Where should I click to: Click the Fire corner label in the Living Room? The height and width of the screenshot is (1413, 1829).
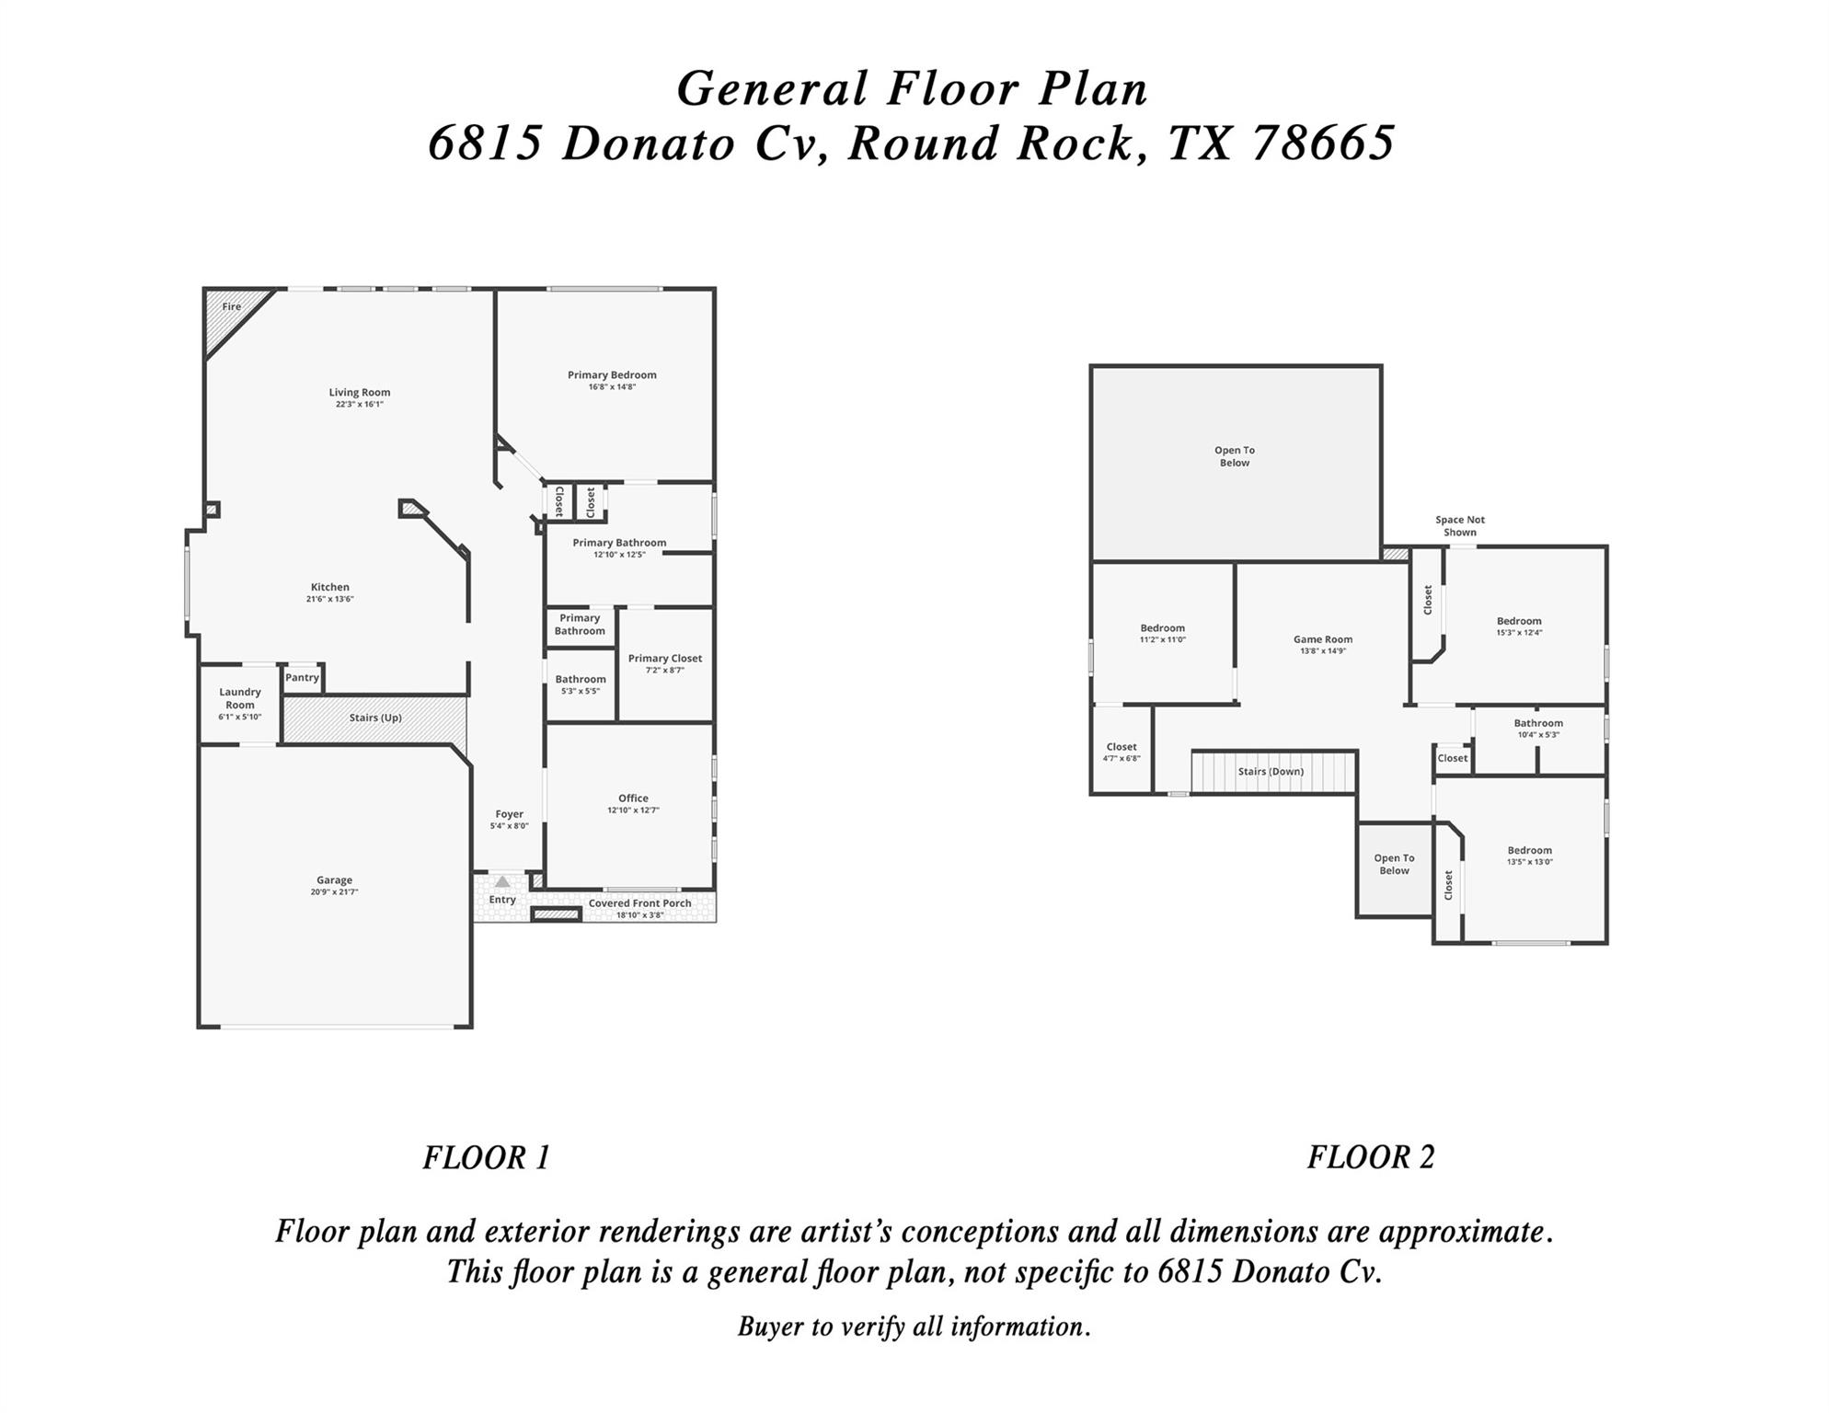pyautogui.click(x=231, y=306)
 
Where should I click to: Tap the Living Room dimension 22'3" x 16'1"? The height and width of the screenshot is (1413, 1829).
pyautogui.click(x=359, y=405)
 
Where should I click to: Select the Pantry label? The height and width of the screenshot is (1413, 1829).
pyautogui.click(x=302, y=678)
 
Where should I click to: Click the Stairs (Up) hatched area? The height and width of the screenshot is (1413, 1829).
pyautogui.click(x=374, y=718)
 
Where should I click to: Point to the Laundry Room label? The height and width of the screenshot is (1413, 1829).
pyautogui.click(x=240, y=698)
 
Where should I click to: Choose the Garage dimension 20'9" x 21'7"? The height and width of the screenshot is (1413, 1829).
pyautogui.click(x=334, y=892)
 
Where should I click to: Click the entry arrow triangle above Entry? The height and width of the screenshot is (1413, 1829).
pyautogui.click(x=502, y=881)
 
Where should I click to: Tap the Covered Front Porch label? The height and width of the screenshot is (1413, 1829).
pyautogui.click(x=639, y=903)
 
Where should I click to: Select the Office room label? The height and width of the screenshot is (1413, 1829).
pyautogui.click(x=633, y=798)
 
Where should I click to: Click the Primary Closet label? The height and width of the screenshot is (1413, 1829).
pyautogui.click(x=664, y=659)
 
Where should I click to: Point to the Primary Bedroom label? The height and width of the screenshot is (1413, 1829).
pyautogui.click(x=612, y=375)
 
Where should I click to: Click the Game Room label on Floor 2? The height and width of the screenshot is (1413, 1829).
pyautogui.click(x=1322, y=639)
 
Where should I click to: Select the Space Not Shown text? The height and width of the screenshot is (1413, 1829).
pyautogui.click(x=1460, y=526)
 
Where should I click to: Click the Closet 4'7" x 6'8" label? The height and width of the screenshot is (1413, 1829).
pyautogui.click(x=1122, y=752)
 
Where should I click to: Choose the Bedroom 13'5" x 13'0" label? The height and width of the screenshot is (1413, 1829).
pyautogui.click(x=1529, y=856)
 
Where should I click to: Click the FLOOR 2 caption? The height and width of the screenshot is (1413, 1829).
pyautogui.click(x=1371, y=1157)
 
